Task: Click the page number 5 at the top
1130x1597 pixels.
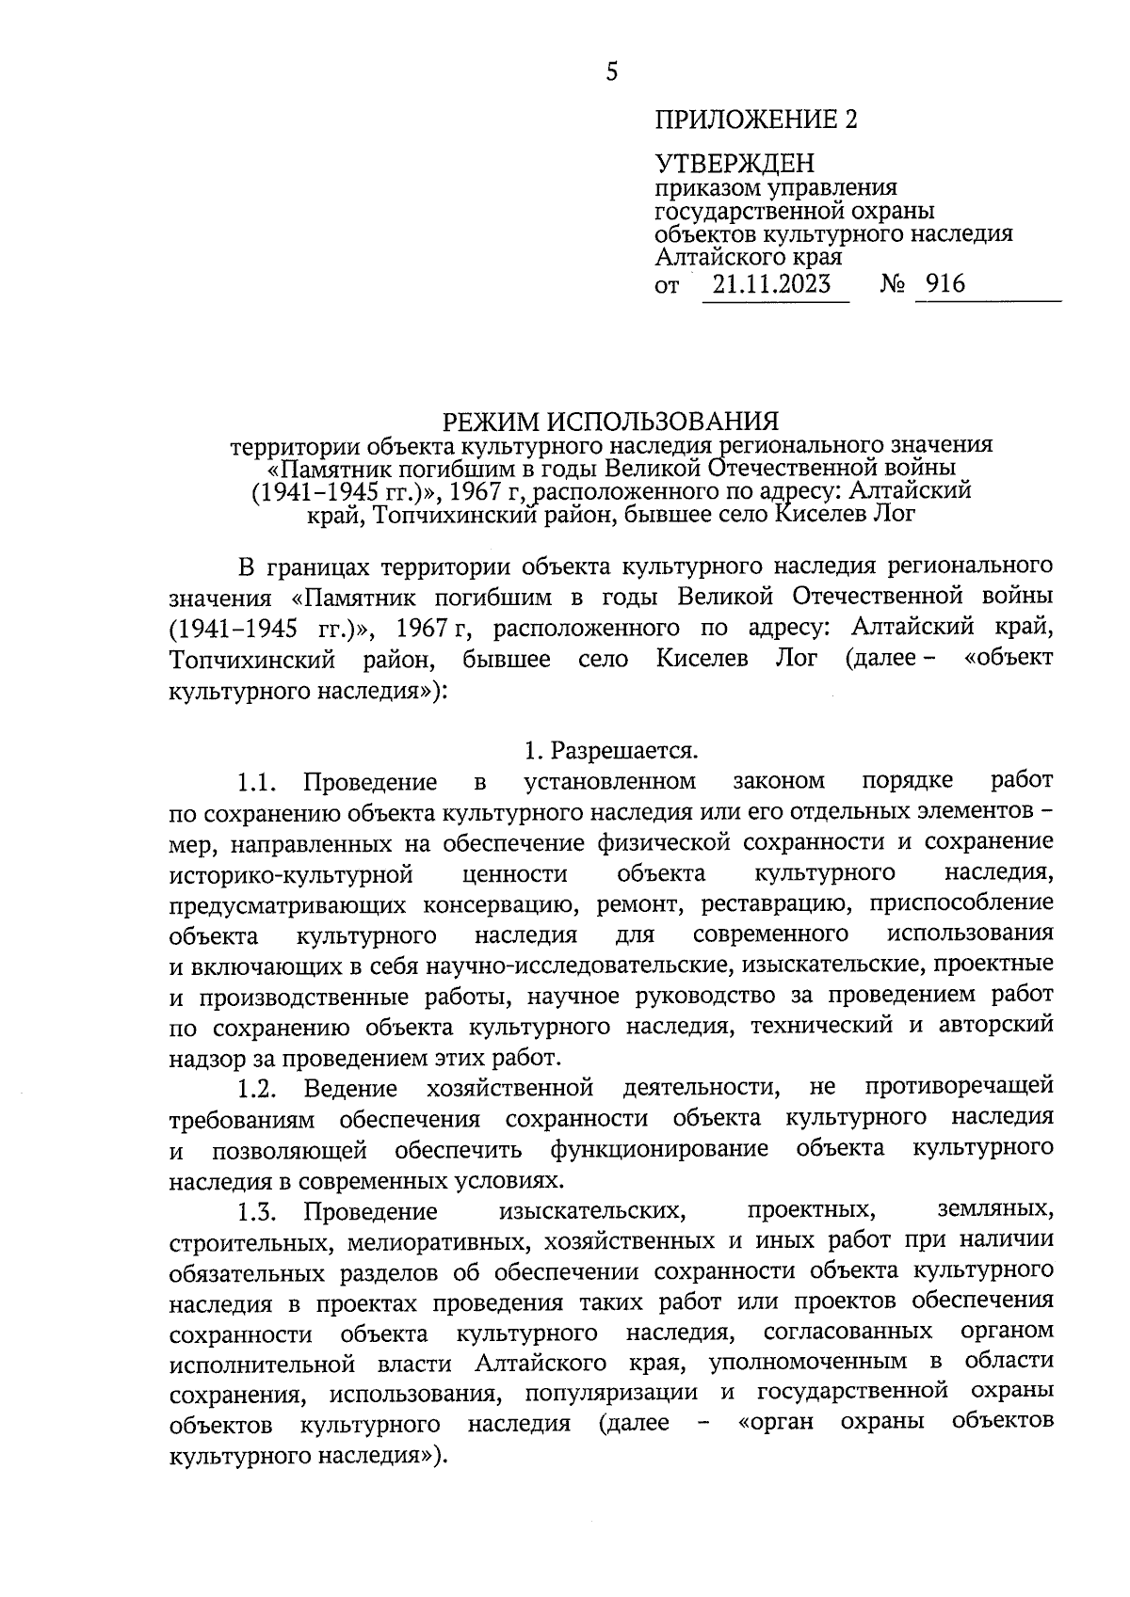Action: click(x=612, y=72)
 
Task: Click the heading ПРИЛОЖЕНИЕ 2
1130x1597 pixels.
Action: click(x=757, y=120)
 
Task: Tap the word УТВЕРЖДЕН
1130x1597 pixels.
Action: click(x=734, y=166)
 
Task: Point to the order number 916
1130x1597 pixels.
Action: click(x=945, y=283)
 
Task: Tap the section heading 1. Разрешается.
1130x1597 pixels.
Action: click(x=611, y=751)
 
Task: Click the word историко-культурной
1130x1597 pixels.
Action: click(x=293, y=874)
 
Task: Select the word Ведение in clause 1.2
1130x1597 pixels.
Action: click(x=350, y=1089)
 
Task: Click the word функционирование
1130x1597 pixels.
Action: click(x=659, y=1149)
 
